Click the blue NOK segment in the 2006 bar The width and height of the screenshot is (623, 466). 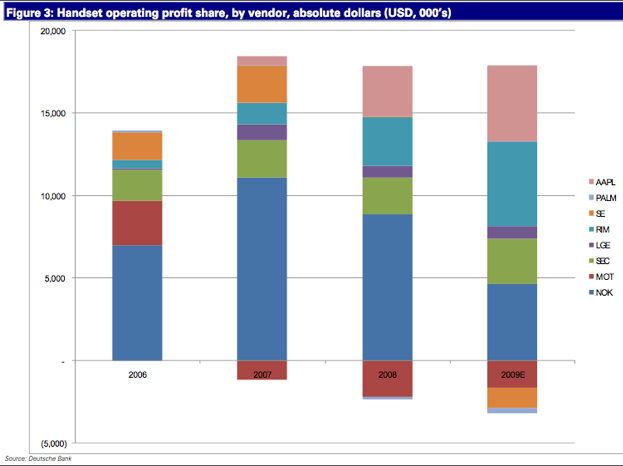[x=137, y=302]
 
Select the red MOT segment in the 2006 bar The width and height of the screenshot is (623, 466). [x=137, y=223]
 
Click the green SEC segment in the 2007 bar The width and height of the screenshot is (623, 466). [x=262, y=158]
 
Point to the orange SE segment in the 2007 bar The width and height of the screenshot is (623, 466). [x=262, y=84]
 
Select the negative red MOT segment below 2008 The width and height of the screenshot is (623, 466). [x=387, y=378]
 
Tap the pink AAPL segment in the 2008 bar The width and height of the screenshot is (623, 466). [x=387, y=91]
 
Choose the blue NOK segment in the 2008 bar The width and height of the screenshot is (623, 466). [x=387, y=287]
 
